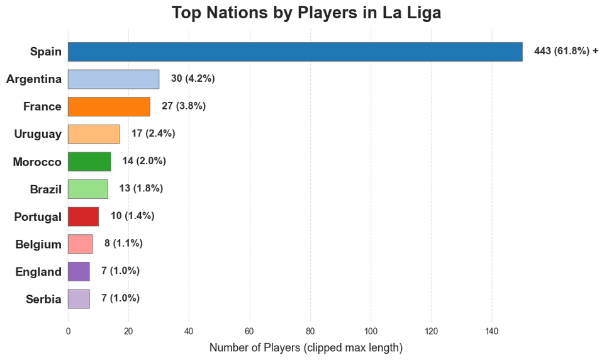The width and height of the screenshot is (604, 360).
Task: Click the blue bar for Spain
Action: coord(295,52)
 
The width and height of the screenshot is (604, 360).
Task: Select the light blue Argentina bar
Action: coord(113,79)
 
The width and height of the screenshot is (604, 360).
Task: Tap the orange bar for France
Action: coord(109,106)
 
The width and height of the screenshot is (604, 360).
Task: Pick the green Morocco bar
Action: coord(89,162)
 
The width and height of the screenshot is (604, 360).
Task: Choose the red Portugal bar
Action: coord(83,216)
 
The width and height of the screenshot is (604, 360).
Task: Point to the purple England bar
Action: coord(79,271)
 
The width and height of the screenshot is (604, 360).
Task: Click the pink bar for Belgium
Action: coord(81,244)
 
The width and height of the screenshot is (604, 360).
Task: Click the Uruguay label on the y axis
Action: coord(38,134)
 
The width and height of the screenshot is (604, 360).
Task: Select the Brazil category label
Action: coord(45,189)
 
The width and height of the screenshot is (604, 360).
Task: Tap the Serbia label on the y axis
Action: coord(43,299)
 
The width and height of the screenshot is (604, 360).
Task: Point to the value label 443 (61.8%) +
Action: coord(566,51)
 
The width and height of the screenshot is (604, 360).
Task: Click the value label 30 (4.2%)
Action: coord(193,79)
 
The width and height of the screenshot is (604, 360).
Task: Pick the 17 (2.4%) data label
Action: coord(153,133)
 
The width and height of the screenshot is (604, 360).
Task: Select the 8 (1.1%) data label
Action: coord(123,243)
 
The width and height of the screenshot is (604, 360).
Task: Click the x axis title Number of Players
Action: coord(305,347)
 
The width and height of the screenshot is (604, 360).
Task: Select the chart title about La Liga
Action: coord(306,13)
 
